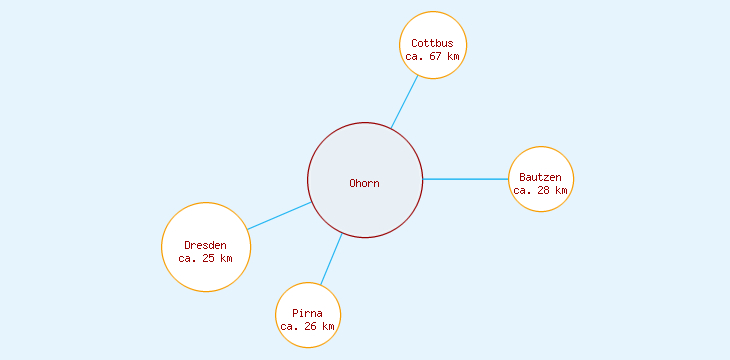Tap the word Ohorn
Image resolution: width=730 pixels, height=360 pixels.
pos(364,183)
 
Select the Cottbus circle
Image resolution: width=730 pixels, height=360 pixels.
pos(433,28)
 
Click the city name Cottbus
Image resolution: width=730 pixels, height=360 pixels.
pos(432,43)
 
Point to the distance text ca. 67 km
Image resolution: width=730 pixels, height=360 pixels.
pos(432,57)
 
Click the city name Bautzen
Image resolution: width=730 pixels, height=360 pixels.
pos(540,177)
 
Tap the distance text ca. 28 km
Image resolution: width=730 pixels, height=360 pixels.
pos(540,190)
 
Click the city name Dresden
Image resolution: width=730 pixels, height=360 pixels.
pos(205,245)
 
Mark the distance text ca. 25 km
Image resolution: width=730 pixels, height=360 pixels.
pos(205,258)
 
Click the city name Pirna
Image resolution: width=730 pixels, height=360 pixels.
pos(307,313)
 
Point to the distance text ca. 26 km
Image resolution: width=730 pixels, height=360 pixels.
pos(307,326)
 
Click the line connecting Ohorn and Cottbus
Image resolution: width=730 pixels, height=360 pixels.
pos(404,102)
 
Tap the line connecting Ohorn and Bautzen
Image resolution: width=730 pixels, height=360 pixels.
pos(466,179)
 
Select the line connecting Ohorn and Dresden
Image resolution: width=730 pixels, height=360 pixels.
pos(279,216)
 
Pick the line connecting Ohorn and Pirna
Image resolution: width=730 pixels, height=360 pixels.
pos(331,259)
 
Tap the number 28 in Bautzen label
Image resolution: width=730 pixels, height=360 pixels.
pos(544,190)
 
